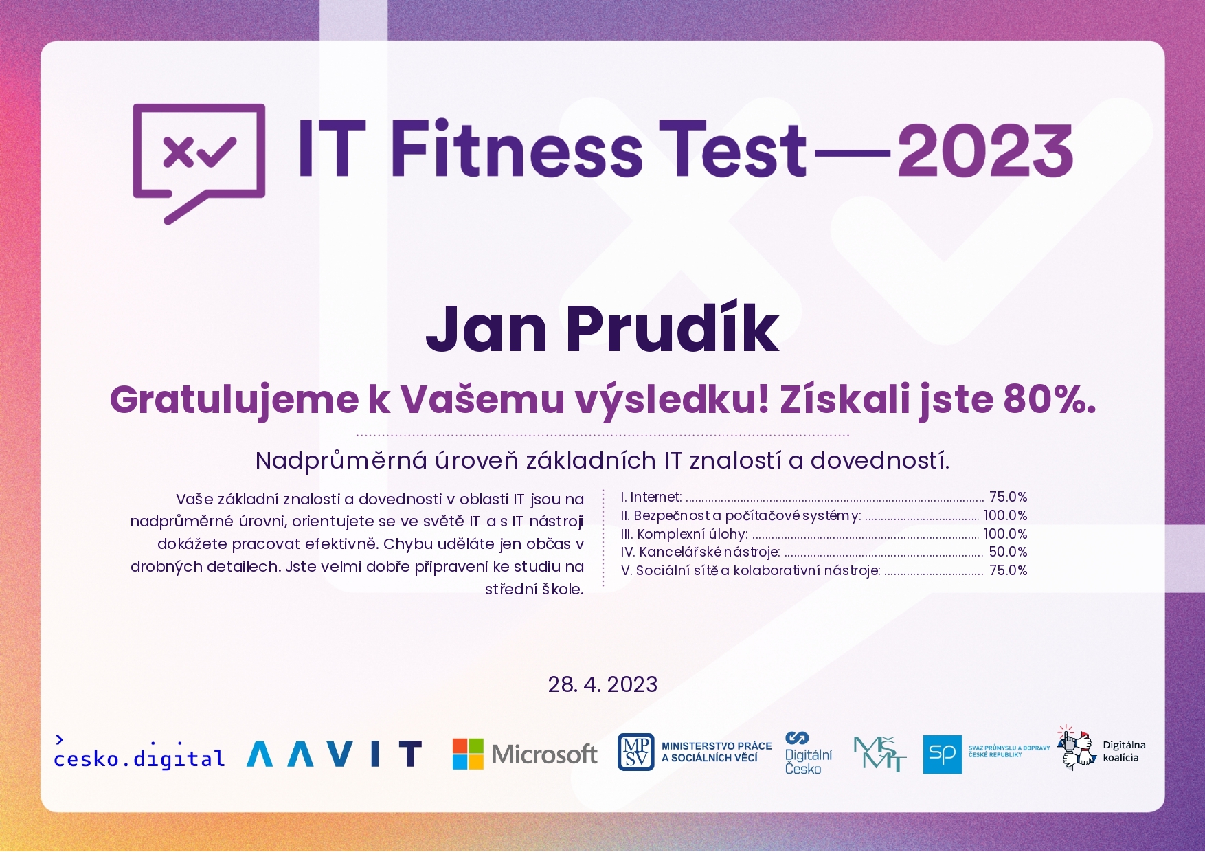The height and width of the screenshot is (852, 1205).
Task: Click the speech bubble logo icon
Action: [x=199, y=164]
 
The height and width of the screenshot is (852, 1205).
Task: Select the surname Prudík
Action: [x=673, y=328]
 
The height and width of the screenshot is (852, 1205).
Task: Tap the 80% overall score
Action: [x=1050, y=399]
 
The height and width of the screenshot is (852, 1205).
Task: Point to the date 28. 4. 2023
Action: [x=602, y=684]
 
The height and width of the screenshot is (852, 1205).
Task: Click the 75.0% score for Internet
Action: [x=1008, y=497]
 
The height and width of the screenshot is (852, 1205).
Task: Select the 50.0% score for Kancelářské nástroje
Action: [x=1008, y=552]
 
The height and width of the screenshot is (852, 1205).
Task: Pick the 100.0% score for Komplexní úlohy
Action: [x=1005, y=534]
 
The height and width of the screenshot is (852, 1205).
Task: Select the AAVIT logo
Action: [x=334, y=754]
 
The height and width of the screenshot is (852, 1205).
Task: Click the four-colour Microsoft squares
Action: [x=468, y=754]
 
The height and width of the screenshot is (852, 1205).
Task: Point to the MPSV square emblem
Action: [x=635, y=752]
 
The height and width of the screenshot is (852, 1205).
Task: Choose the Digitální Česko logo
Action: [x=808, y=753]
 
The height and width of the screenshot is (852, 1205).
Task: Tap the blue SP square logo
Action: [x=942, y=754]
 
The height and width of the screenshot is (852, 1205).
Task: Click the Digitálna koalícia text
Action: [x=1124, y=751]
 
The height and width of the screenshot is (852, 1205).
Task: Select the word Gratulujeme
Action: [x=234, y=400]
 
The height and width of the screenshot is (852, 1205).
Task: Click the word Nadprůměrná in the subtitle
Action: [x=341, y=460]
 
